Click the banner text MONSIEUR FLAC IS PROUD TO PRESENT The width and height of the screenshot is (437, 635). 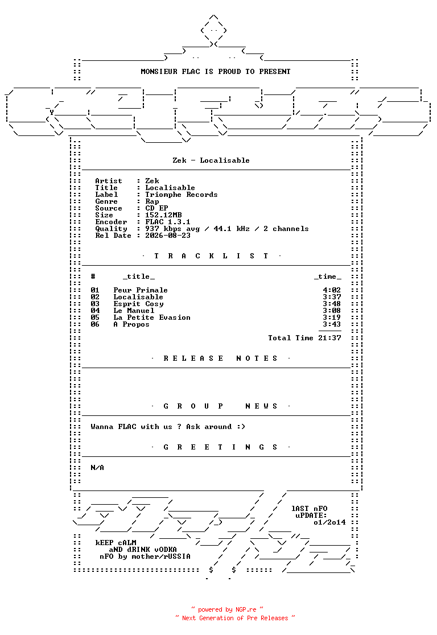(216, 72)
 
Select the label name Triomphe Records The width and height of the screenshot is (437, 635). (182, 195)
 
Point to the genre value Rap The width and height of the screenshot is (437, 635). (152, 201)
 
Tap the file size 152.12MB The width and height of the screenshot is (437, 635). (164, 215)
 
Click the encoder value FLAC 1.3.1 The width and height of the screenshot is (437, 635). (168, 222)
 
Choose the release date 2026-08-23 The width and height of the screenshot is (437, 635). (168, 236)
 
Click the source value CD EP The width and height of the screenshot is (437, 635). (156, 209)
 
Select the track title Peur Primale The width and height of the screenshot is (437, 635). (141, 290)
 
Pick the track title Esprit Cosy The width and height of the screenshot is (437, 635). (138, 304)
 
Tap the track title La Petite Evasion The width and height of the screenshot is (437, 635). (152, 317)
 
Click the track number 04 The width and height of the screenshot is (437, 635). (95, 311)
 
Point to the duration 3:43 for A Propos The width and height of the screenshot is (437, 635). (332, 324)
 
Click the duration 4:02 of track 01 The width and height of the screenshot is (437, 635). (332, 290)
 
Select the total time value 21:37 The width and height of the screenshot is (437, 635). (329, 338)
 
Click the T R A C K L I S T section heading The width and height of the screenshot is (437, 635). (211, 256)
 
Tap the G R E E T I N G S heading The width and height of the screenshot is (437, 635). (220, 447)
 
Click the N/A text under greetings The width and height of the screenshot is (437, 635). (97, 468)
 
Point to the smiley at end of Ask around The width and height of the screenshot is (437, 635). (241, 427)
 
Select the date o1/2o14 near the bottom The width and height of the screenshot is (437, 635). (329, 522)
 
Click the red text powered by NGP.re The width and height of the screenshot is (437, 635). (227, 609)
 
